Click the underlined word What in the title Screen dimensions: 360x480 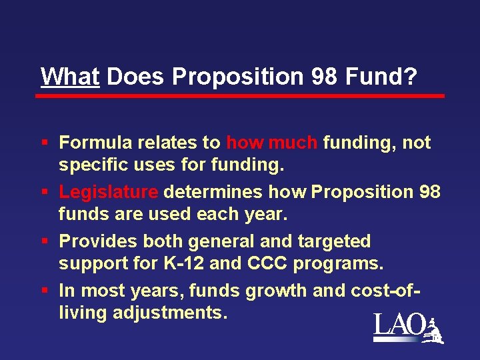(x=70, y=77)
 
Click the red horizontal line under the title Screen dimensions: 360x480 (x=240, y=96)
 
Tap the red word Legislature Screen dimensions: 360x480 (x=109, y=192)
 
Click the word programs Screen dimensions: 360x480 (x=336, y=263)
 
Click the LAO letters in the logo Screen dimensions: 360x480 (x=399, y=326)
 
